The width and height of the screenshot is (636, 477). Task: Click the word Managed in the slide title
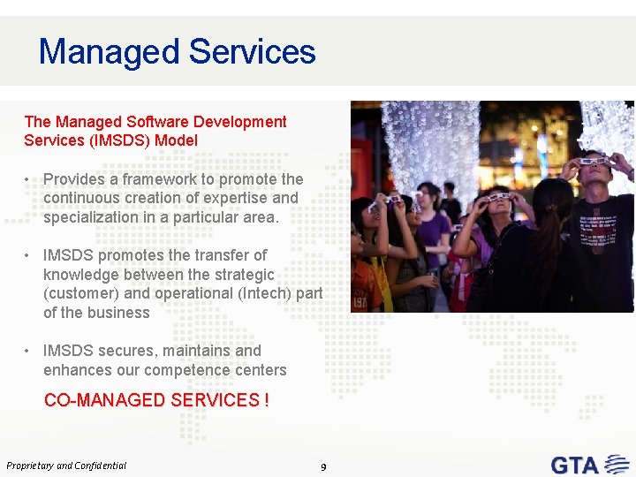click(x=109, y=52)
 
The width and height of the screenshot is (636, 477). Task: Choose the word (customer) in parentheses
click(x=81, y=293)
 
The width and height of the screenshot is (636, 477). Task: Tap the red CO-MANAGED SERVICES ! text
click(x=156, y=400)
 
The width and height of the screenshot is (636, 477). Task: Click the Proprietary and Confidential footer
click(x=66, y=466)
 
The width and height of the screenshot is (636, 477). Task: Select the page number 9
click(x=323, y=466)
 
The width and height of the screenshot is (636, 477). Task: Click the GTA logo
click(x=587, y=464)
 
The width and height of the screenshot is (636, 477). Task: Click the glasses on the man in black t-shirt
click(x=594, y=161)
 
